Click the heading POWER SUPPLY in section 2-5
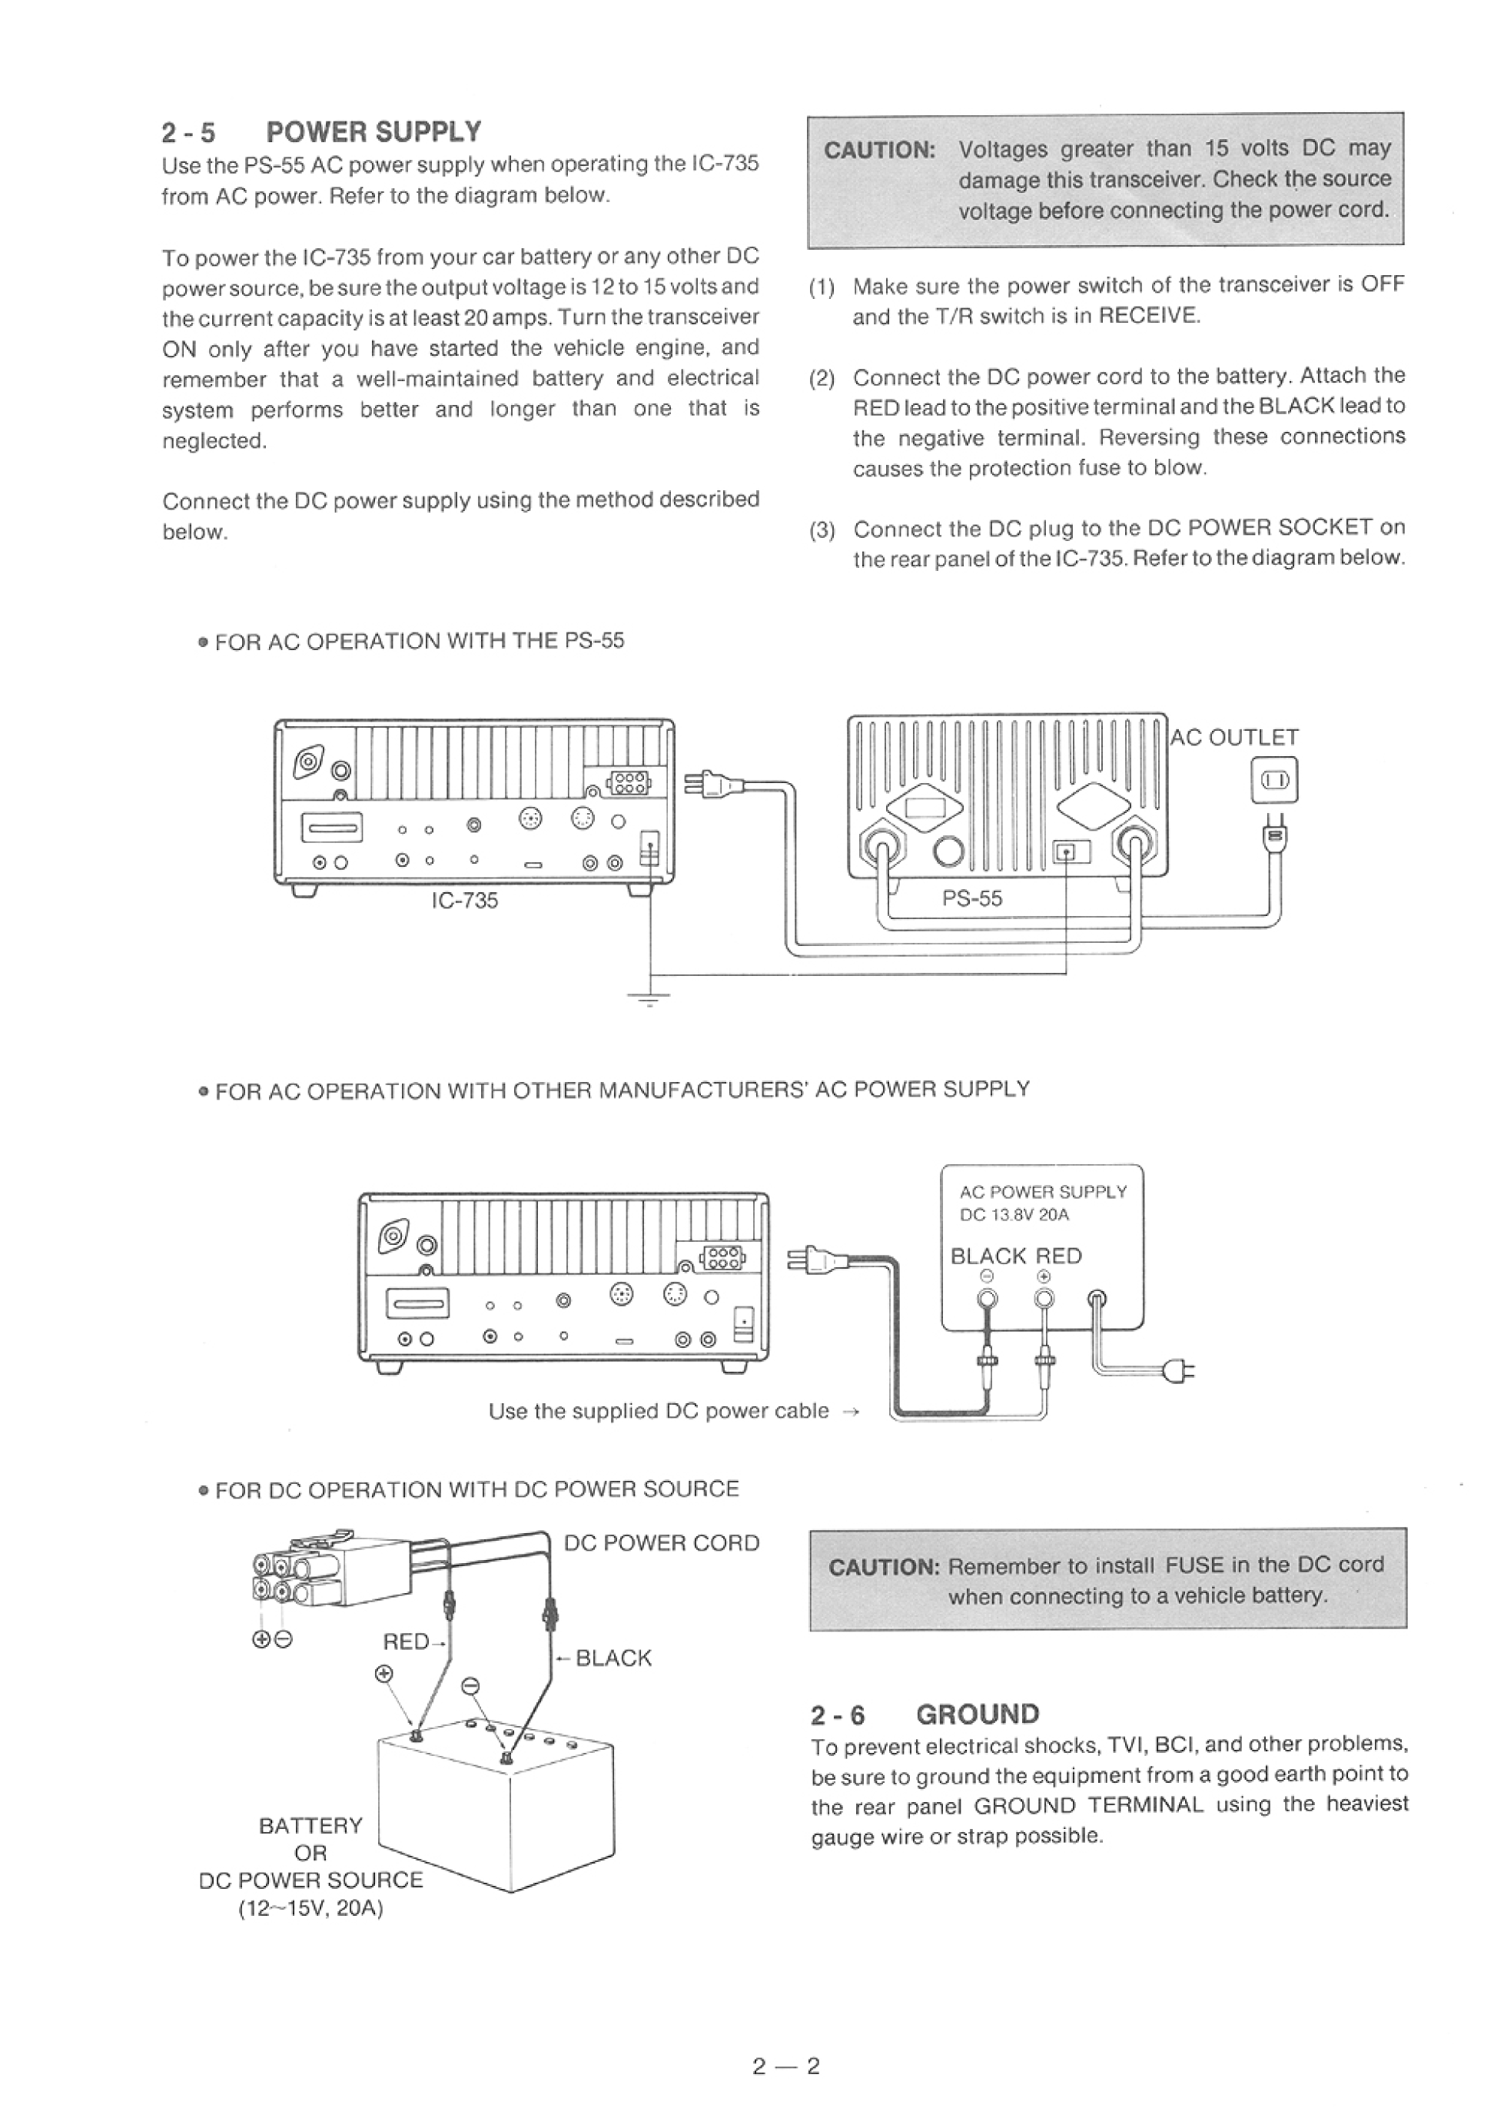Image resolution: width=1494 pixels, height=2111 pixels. [x=373, y=132]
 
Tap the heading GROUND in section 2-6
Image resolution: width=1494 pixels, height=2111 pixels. [x=977, y=1714]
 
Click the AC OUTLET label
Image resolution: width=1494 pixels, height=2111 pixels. [x=1234, y=738]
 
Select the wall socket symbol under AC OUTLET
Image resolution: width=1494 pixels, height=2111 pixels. [x=1274, y=781]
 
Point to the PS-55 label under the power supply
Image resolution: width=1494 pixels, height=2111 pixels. [x=971, y=898]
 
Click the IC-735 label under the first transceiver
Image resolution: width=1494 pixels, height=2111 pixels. [x=465, y=901]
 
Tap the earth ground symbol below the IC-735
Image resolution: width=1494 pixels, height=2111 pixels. [x=650, y=998]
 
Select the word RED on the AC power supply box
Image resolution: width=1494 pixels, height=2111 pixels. [x=1059, y=1256]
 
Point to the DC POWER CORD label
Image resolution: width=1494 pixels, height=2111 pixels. [x=662, y=1543]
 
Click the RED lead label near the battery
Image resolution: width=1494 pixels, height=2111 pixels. [x=406, y=1642]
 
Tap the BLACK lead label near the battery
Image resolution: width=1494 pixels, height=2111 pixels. [x=613, y=1658]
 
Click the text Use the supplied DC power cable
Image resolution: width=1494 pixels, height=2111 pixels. [x=659, y=1411]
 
